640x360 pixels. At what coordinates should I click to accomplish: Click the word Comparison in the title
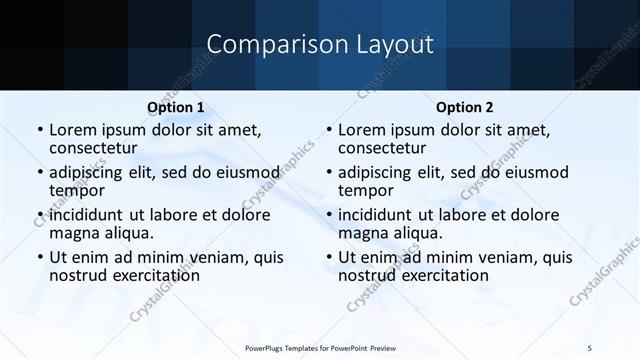263,45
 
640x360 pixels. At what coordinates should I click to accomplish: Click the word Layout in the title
389,45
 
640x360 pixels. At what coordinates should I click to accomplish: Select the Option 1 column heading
176,106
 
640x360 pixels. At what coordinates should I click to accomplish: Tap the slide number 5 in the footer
589,346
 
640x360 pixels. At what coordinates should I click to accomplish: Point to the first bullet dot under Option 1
40,131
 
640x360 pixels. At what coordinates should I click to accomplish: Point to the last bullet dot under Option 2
329,257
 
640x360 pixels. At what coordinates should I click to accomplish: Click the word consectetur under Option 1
91,148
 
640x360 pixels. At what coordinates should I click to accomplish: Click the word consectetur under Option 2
380,148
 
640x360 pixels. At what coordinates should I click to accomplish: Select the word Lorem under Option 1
72,131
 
